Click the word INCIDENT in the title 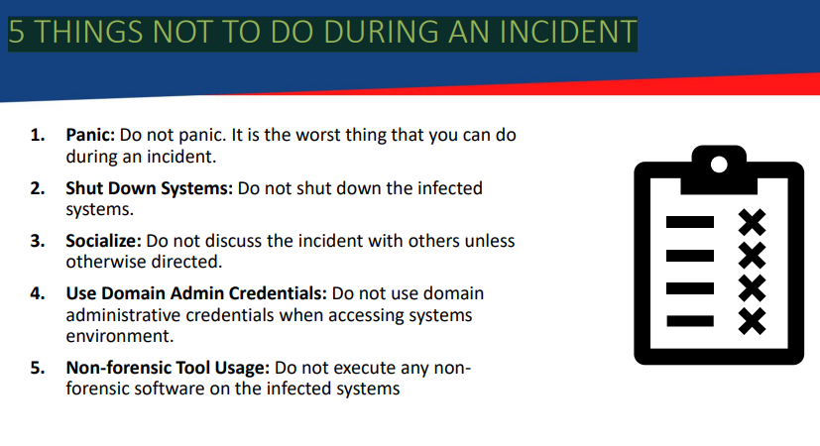coord(567,32)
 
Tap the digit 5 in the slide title coord(17,32)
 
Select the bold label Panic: coord(90,135)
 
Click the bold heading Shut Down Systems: coord(149,188)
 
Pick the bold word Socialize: coord(103,241)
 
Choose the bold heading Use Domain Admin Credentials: coord(196,293)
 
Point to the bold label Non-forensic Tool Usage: coord(168,368)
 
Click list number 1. coord(37,135)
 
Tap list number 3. coord(37,241)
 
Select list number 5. coord(37,368)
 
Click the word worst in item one coord(318,135)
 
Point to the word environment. coord(120,336)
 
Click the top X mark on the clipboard coord(752,222)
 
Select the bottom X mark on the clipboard coord(752,321)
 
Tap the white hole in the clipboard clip coord(719,165)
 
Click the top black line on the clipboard coord(690,222)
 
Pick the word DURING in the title coord(382,32)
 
